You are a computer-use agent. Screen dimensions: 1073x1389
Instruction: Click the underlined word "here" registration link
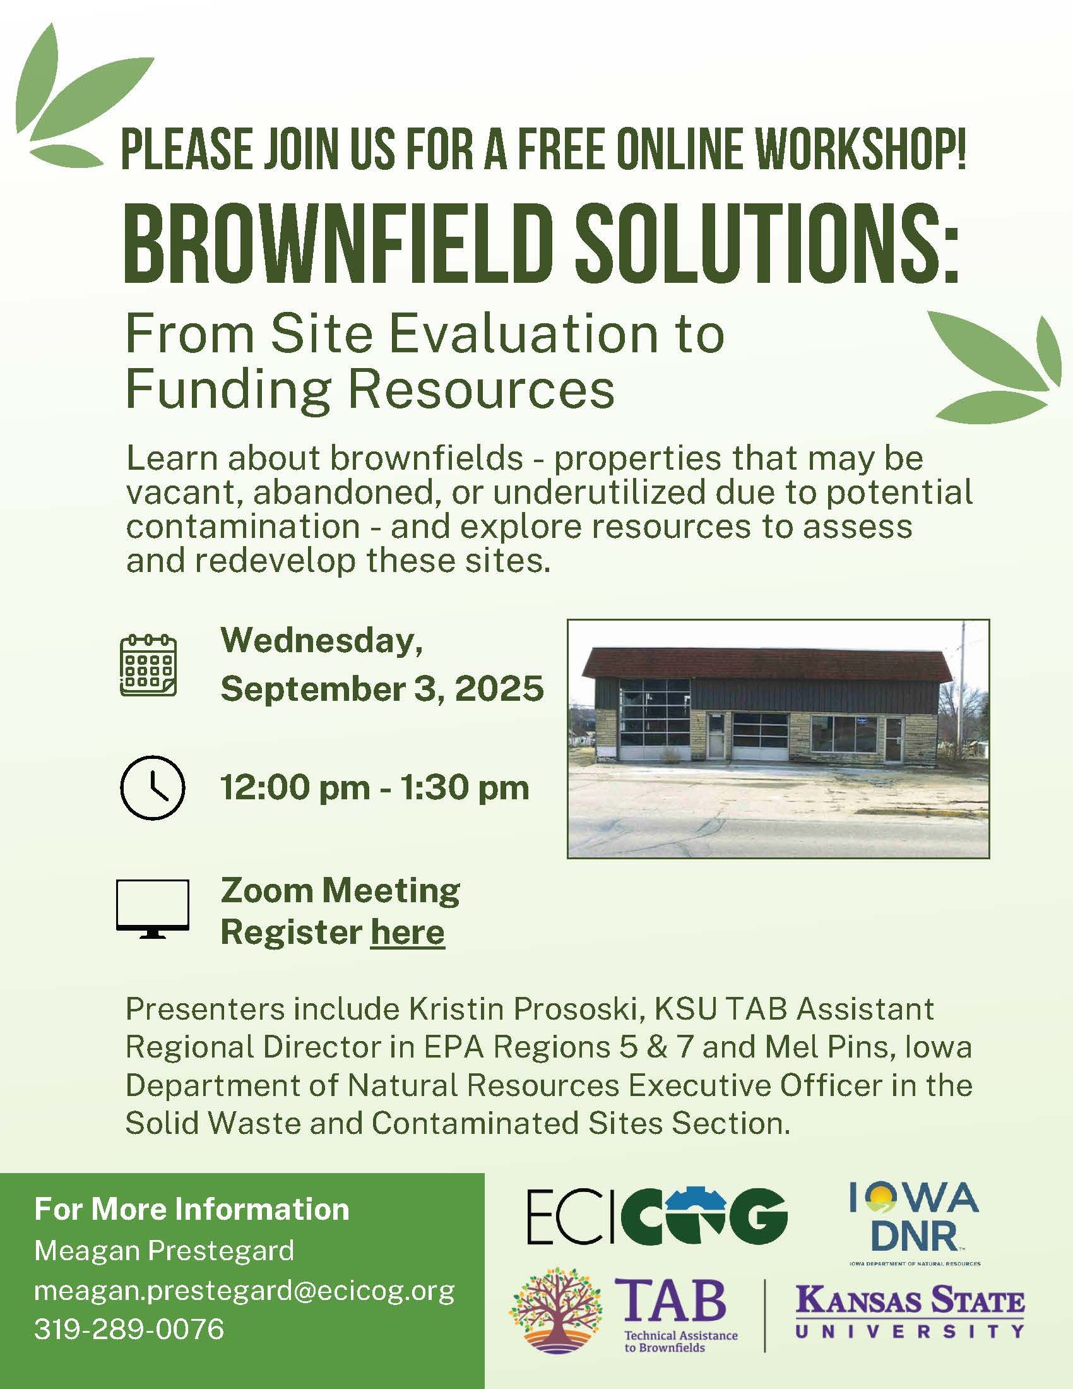[x=408, y=933]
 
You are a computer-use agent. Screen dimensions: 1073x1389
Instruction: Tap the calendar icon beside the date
[x=148, y=665]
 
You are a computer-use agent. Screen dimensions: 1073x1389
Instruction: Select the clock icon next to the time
[x=153, y=787]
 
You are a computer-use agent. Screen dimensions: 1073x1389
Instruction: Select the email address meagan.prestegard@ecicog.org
[x=245, y=1291]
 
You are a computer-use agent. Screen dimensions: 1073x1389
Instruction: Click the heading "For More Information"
[x=192, y=1209]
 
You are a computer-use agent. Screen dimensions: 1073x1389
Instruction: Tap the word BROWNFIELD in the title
[x=336, y=244]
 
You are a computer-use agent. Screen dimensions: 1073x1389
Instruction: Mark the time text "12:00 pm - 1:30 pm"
[x=375, y=788]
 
